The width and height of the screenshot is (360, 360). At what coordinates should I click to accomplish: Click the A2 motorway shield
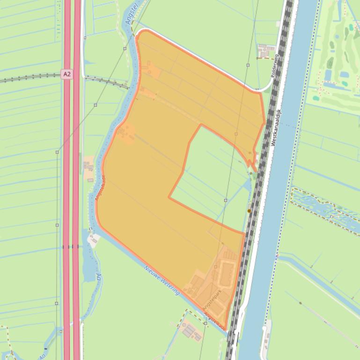(x=66, y=74)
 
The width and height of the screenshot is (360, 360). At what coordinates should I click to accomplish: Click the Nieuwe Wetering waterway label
(x=162, y=281)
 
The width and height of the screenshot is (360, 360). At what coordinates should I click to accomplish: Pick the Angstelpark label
(x=211, y=300)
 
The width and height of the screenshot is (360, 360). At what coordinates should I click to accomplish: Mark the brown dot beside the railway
(x=250, y=211)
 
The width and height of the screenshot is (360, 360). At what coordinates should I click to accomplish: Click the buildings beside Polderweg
(x=265, y=50)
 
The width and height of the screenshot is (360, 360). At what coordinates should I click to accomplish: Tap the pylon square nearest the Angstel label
(x=125, y=49)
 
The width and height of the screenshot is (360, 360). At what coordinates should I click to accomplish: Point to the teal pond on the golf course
(x=345, y=74)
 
